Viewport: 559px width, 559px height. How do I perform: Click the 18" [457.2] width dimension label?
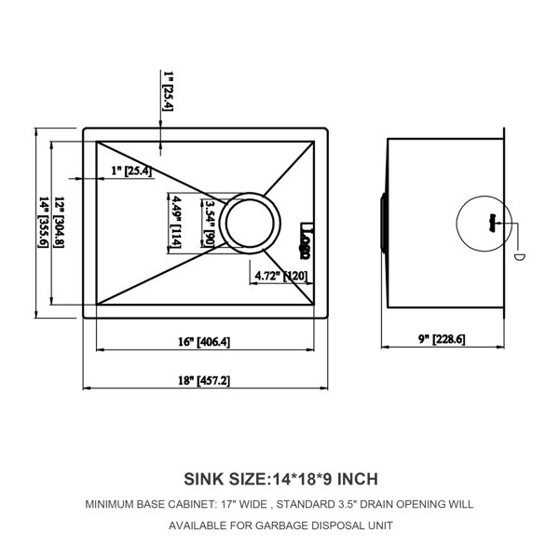coord(204,380)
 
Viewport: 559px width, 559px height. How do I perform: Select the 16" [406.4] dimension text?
coord(204,342)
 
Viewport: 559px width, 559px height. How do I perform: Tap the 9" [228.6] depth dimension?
coord(442,339)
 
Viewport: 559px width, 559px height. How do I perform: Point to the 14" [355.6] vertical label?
coord(43,222)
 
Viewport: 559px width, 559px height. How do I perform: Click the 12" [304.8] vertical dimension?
coord(59,222)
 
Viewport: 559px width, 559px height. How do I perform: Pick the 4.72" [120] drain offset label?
coord(281,276)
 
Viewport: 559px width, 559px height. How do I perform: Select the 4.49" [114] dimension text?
coord(176,222)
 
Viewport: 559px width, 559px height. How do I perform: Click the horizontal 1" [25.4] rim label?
coord(131,170)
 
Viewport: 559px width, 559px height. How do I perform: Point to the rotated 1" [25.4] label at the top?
coord(168,91)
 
